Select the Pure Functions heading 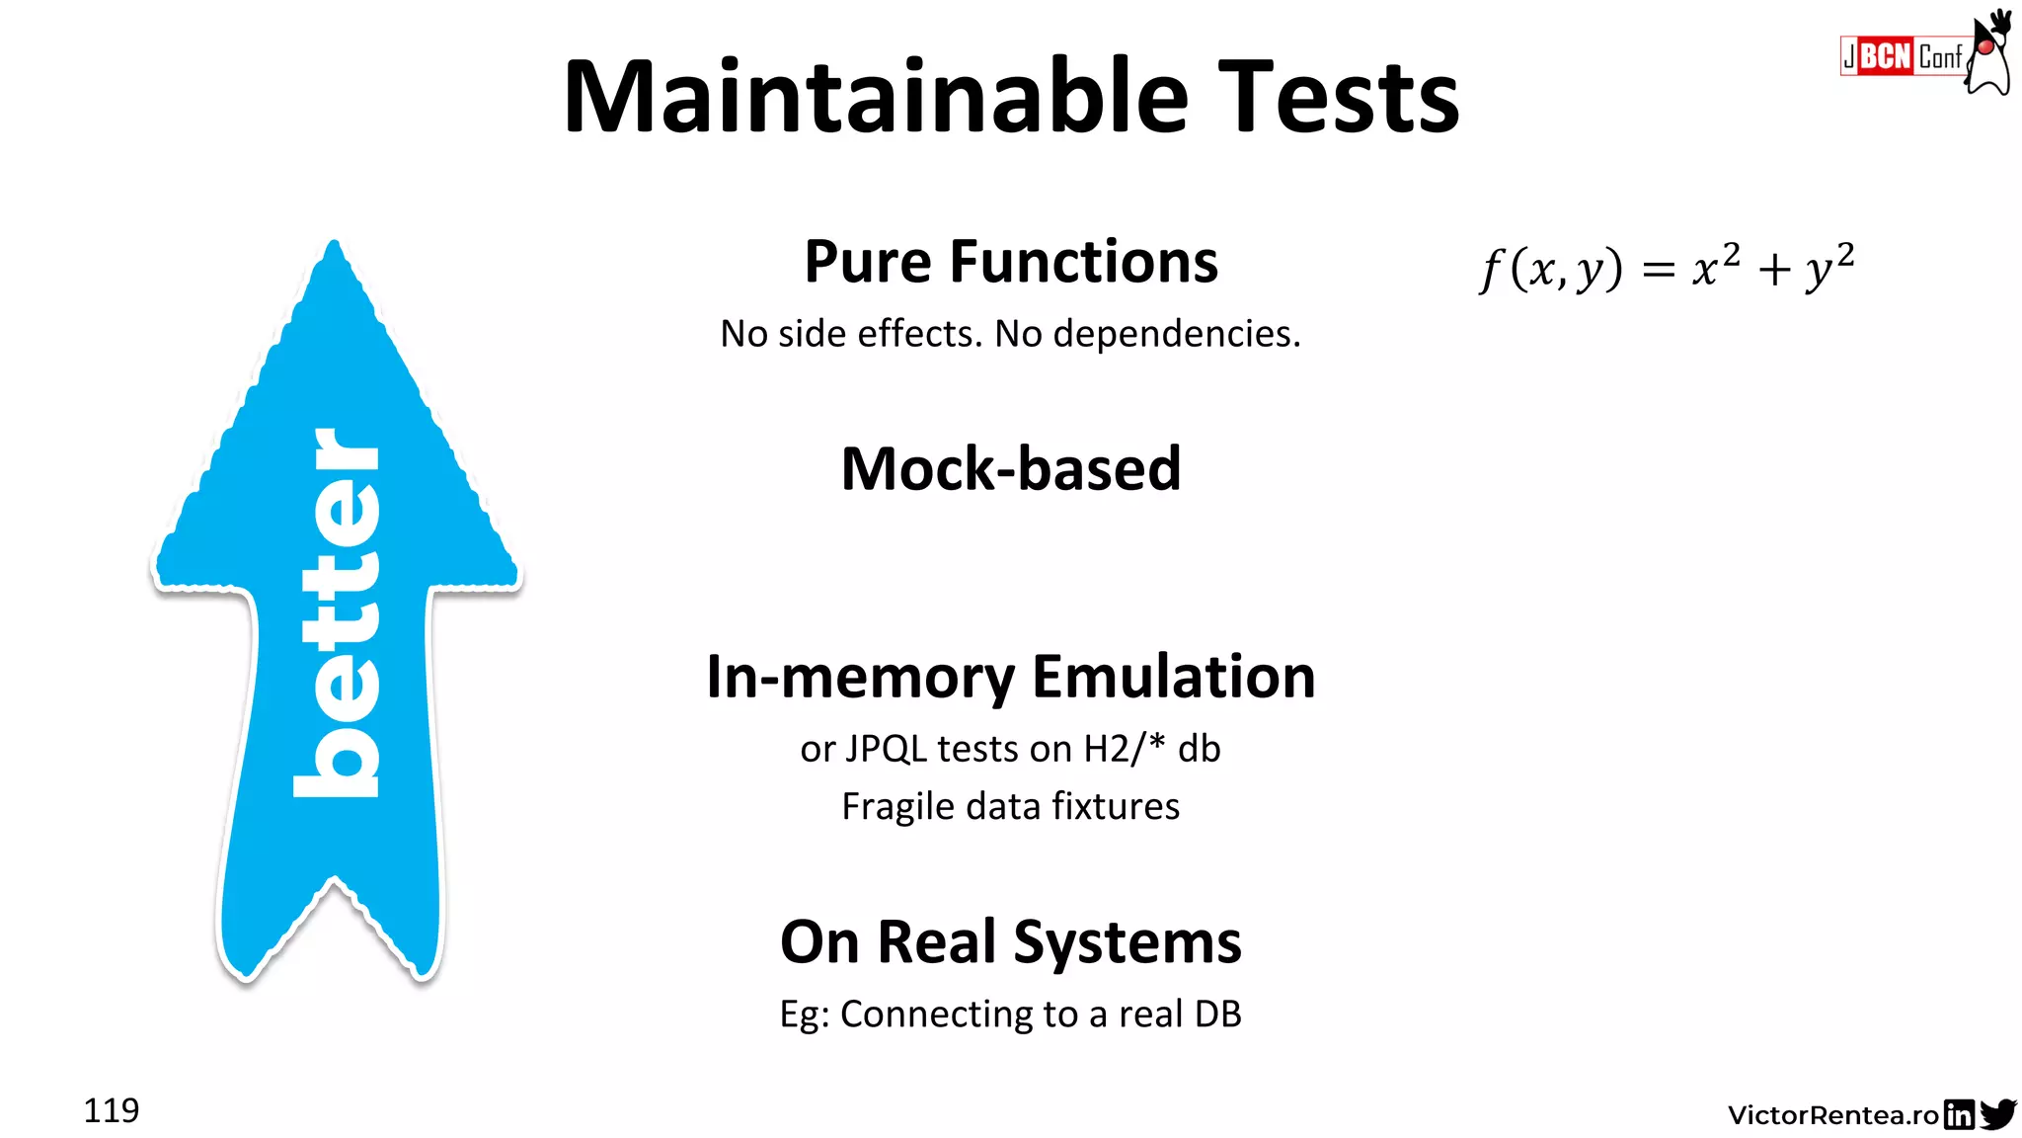coord(1011,262)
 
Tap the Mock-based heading coord(1011,468)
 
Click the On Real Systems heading coord(1011,941)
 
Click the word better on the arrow coord(337,612)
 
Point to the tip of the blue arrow coord(335,247)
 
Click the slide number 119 coord(112,1110)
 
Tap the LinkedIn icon coord(1959,1114)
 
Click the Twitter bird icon coord(1998,1114)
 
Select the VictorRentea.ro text coord(1833,1115)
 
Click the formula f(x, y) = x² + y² coord(1667,267)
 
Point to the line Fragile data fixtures coord(1011,806)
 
